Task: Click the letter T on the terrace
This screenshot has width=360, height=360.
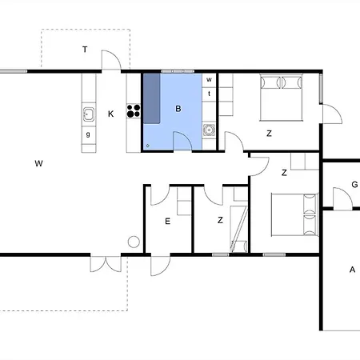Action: point(85,50)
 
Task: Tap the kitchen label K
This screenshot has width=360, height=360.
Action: point(110,114)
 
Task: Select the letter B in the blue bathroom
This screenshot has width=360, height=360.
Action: point(178,109)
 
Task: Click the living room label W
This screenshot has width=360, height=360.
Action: point(38,163)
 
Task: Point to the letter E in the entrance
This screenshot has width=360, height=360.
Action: point(167,222)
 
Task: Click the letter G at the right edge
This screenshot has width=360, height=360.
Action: point(354,185)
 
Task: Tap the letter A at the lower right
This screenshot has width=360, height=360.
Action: point(352,270)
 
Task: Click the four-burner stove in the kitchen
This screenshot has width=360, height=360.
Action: point(134,111)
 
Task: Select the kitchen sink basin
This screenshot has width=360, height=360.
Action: point(88,114)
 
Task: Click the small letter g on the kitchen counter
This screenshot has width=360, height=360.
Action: point(88,134)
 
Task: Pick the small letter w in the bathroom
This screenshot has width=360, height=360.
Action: point(209,79)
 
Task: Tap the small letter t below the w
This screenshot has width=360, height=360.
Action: point(209,94)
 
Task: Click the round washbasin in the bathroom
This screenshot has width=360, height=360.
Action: point(209,130)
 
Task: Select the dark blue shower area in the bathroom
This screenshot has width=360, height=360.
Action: point(152,98)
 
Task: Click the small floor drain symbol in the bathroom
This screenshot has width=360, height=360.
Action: point(148,146)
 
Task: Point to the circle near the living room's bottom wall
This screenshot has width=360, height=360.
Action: point(134,242)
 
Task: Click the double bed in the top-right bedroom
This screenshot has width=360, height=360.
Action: point(281,98)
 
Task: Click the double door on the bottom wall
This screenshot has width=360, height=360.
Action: point(106,264)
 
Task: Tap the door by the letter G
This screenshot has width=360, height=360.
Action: point(343,198)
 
